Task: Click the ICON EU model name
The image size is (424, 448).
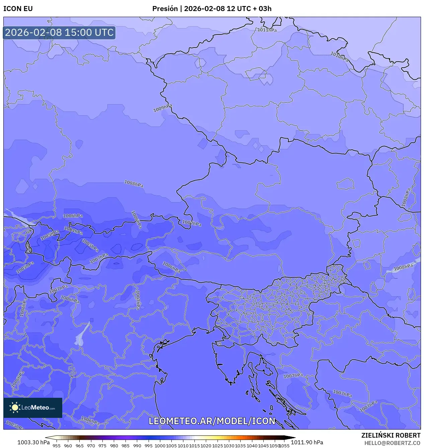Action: coord(18,9)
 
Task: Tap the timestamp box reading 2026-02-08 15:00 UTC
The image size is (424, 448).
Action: coord(59,32)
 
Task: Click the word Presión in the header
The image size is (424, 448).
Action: coord(165,9)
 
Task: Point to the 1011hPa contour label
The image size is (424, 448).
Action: coord(267,30)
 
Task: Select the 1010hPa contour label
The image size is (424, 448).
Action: coord(339,57)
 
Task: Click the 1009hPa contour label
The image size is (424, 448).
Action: coord(163,108)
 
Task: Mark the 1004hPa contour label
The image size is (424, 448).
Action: coord(73,231)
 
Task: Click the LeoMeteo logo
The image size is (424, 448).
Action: coord(33,407)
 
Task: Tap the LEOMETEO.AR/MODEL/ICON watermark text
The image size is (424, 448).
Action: coord(212,421)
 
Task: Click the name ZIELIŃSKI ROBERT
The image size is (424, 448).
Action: coord(391,435)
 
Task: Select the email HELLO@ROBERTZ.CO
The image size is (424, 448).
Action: coord(392,443)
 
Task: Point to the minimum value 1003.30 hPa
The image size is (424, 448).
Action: coord(33,442)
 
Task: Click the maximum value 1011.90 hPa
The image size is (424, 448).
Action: coord(307,442)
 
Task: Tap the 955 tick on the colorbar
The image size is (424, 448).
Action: coord(57,446)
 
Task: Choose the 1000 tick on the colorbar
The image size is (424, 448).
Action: coord(160,446)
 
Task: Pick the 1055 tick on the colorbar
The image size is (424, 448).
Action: coord(284,446)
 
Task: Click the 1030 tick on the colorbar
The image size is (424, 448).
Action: coord(229,446)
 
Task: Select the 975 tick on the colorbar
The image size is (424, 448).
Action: coord(102,446)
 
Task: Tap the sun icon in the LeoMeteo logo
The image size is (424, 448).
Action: coord(15,407)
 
